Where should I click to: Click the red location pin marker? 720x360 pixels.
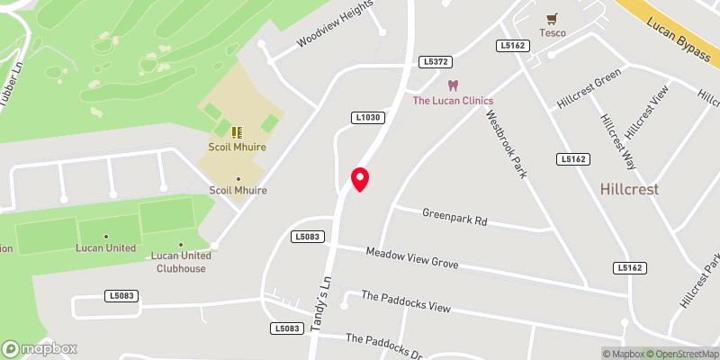360,179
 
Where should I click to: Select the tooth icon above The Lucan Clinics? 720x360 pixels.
454,85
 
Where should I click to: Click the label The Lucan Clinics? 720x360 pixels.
454,101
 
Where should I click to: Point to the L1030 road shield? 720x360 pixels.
368,117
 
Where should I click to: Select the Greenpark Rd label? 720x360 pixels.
454,217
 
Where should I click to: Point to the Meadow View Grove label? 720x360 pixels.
412,258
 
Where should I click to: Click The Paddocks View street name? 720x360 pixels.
405,301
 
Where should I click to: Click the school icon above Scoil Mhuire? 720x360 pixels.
237,132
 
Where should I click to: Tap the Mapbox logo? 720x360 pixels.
40,348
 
